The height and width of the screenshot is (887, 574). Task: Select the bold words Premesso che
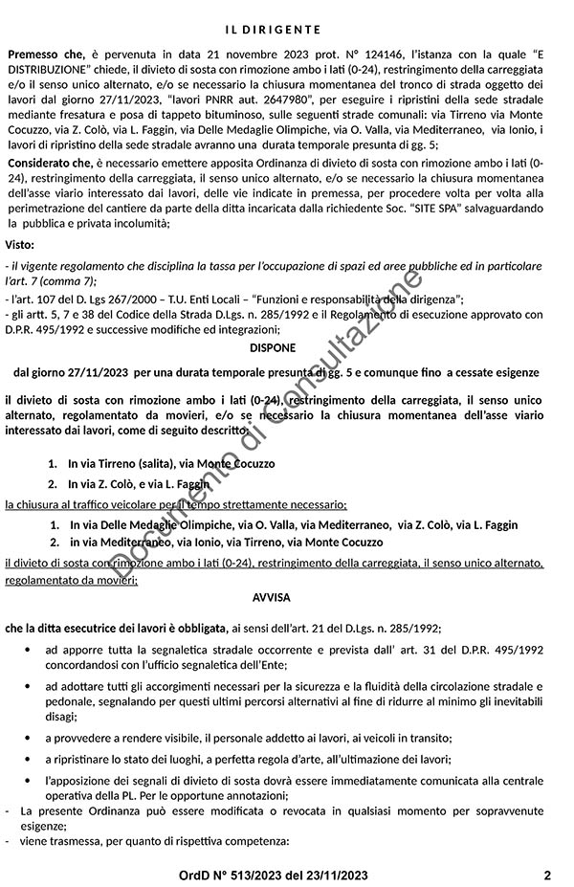pos(47,56)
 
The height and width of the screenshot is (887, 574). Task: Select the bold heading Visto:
pos(20,245)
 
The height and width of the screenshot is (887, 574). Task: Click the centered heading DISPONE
pos(272,347)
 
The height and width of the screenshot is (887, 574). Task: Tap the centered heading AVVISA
pos(272,595)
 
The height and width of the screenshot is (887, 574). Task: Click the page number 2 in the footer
pos(547,875)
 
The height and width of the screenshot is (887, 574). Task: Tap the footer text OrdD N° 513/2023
pos(230,875)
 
